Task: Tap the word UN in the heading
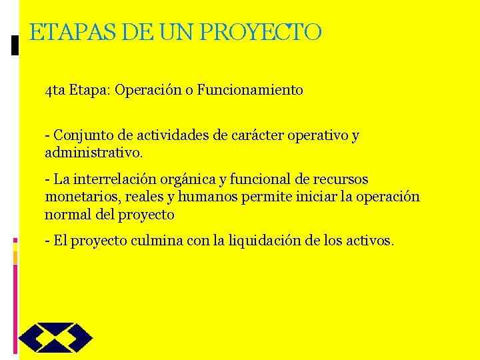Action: (175, 32)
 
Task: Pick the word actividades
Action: (173, 136)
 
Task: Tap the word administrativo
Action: (93, 153)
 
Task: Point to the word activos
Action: (371, 240)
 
